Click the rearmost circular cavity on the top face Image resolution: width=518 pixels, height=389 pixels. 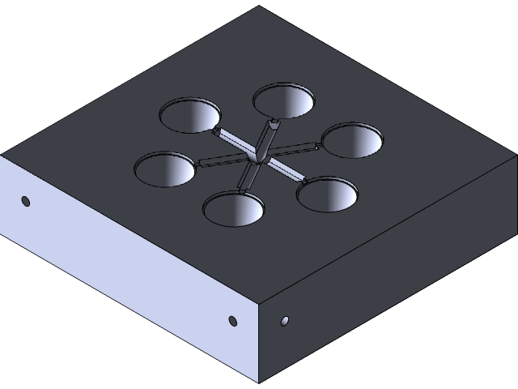click(x=283, y=99)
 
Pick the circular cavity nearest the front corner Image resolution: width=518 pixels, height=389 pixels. click(x=233, y=208)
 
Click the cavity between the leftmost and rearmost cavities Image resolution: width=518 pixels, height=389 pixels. click(x=189, y=115)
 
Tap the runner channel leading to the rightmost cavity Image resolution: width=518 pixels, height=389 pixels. click(x=295, y=148)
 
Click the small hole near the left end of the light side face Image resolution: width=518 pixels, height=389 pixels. click(x=26, y=200)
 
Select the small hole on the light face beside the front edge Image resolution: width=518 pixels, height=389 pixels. click(x=233, y=322)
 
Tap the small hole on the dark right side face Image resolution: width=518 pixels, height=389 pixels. click(x=284, y=321)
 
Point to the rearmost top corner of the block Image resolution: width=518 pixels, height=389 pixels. click(x=259, y=6)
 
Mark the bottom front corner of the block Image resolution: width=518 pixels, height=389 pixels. click(x=258, y=383)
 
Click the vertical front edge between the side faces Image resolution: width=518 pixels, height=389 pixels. click(x=258, y=344)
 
